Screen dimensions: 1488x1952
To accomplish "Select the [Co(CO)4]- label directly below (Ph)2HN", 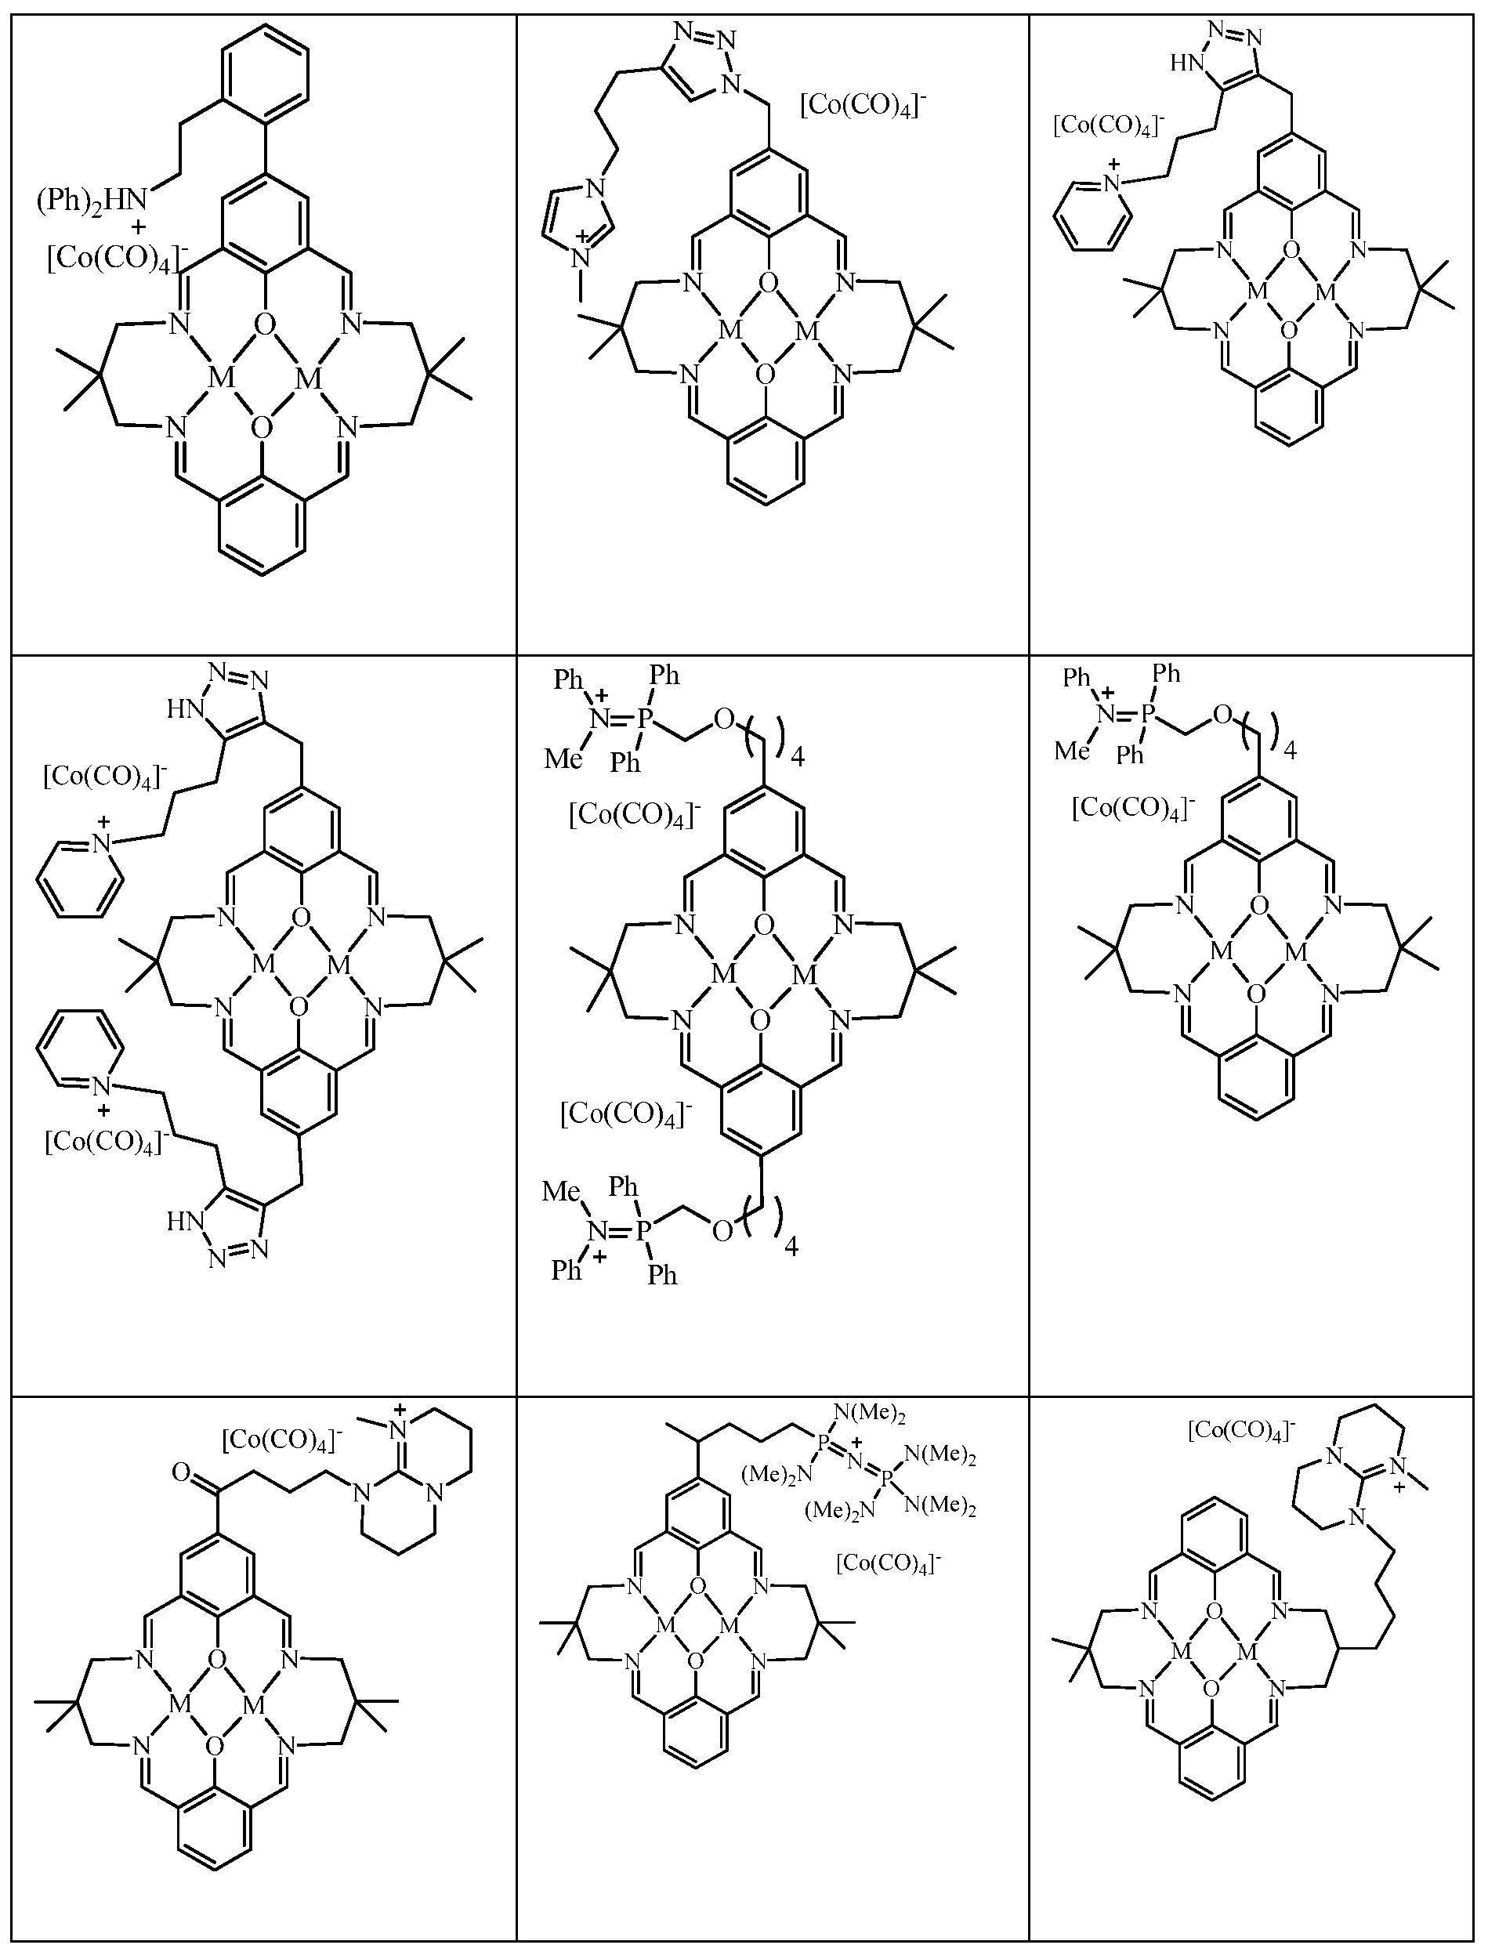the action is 115,260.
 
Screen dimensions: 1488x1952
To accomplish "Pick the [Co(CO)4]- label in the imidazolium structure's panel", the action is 863,107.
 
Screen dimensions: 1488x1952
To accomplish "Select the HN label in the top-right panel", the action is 1184,63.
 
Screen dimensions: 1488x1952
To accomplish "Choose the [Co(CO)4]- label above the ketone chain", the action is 281,1440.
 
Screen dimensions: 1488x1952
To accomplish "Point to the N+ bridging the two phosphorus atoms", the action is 856,1456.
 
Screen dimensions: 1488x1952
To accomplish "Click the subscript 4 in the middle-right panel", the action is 1290,751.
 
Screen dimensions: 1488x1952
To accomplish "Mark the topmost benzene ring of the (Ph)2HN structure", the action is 265,71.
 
